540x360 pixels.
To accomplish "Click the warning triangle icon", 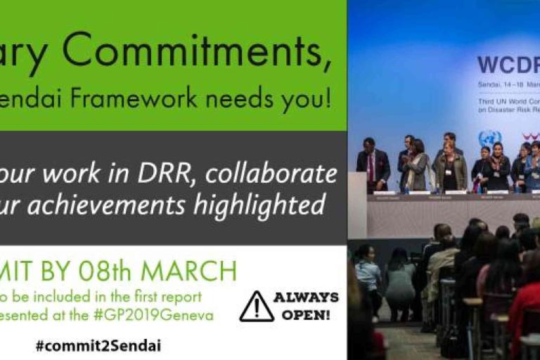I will coord(257,307).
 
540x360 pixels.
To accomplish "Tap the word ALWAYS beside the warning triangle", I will coord(306,297).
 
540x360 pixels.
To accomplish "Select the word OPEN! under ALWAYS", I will coord(306,315).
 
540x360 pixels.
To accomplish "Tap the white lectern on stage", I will coord(356,205).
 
